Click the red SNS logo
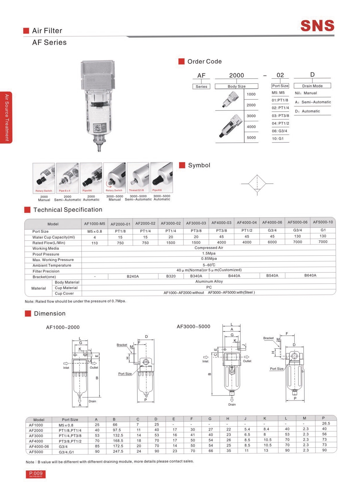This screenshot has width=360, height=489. point(317,26)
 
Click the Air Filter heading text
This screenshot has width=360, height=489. point(47,31)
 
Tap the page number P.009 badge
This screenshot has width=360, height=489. point(36,474)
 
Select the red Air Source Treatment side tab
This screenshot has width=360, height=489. point(6,117)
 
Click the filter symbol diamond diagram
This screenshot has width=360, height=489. point(257,184)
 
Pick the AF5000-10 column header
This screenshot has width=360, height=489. point(323,222)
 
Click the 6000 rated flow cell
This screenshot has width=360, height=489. point(272,242)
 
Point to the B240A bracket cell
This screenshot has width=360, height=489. point(133,276)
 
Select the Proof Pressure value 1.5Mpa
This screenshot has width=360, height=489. point(209,253)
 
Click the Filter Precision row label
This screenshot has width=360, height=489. point(46,271)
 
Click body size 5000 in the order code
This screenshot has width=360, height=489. point(251,138)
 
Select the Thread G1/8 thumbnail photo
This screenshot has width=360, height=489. point(138,178)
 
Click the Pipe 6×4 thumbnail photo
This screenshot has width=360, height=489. point(67,178)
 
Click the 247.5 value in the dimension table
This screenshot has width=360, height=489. point(118,452)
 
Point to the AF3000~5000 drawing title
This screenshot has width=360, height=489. point(193,327)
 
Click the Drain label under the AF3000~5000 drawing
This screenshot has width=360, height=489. point(232,405)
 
